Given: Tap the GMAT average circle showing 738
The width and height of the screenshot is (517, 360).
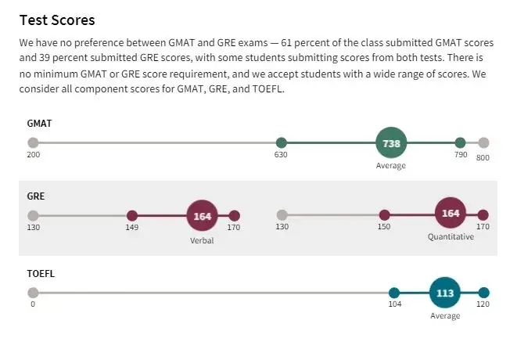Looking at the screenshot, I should tap(391, 143).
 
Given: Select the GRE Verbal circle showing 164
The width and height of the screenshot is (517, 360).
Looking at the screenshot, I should tap(202, 216).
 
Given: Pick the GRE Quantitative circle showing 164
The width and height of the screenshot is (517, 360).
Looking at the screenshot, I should tap(451, 214).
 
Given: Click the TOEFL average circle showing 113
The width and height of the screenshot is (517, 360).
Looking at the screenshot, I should tap(444, 293).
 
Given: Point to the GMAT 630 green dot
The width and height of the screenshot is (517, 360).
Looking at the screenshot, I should tap(282, 143).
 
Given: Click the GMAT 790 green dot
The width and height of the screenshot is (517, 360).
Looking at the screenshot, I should tap(460, 143).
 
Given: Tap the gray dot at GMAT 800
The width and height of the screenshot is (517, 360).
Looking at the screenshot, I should tap(483, 143).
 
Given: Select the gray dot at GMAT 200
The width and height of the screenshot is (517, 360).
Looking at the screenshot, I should tap(33, 143).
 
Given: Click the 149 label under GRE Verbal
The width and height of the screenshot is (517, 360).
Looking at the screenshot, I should tap(131, 228).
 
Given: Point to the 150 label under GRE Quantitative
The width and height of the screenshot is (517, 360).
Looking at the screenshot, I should tap(383, 228).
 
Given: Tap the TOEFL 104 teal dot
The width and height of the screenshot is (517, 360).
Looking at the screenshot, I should tap(394, 293).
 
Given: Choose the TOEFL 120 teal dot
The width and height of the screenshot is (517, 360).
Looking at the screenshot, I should tap(483, 293).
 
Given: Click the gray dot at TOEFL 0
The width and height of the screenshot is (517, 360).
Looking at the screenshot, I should tap(33, 293).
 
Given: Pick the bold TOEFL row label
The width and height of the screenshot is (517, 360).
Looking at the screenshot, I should tap(41, 274).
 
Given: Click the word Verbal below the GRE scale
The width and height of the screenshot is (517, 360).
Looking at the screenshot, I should tap(202, 240).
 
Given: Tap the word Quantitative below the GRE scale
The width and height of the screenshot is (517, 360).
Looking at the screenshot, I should tap(451, 237).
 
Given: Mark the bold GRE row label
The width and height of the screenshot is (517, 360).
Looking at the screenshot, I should tap(36, 196).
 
